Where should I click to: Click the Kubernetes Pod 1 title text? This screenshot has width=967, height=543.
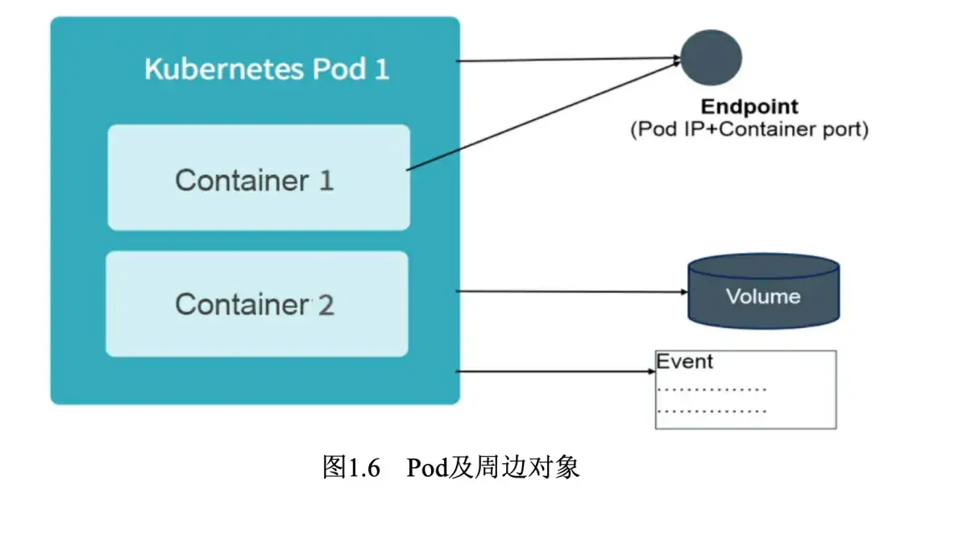[267, 68]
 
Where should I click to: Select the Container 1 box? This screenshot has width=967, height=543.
[259, 177]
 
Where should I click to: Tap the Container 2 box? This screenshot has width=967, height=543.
[256, 304]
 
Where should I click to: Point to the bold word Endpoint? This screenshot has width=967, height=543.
[749, 107]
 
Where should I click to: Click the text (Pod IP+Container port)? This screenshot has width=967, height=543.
[749, 130]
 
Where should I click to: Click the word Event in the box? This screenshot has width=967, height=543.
[684, 362]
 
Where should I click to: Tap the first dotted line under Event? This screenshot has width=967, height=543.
[712, 390]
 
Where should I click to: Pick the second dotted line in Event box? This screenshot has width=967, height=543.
[712, 411]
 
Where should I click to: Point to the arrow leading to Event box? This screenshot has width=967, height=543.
[556, 372]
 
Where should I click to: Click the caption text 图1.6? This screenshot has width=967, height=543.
[351, 467]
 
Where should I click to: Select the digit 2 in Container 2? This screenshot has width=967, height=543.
[326, 305]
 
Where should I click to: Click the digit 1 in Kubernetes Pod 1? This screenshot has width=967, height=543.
[381, 68]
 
